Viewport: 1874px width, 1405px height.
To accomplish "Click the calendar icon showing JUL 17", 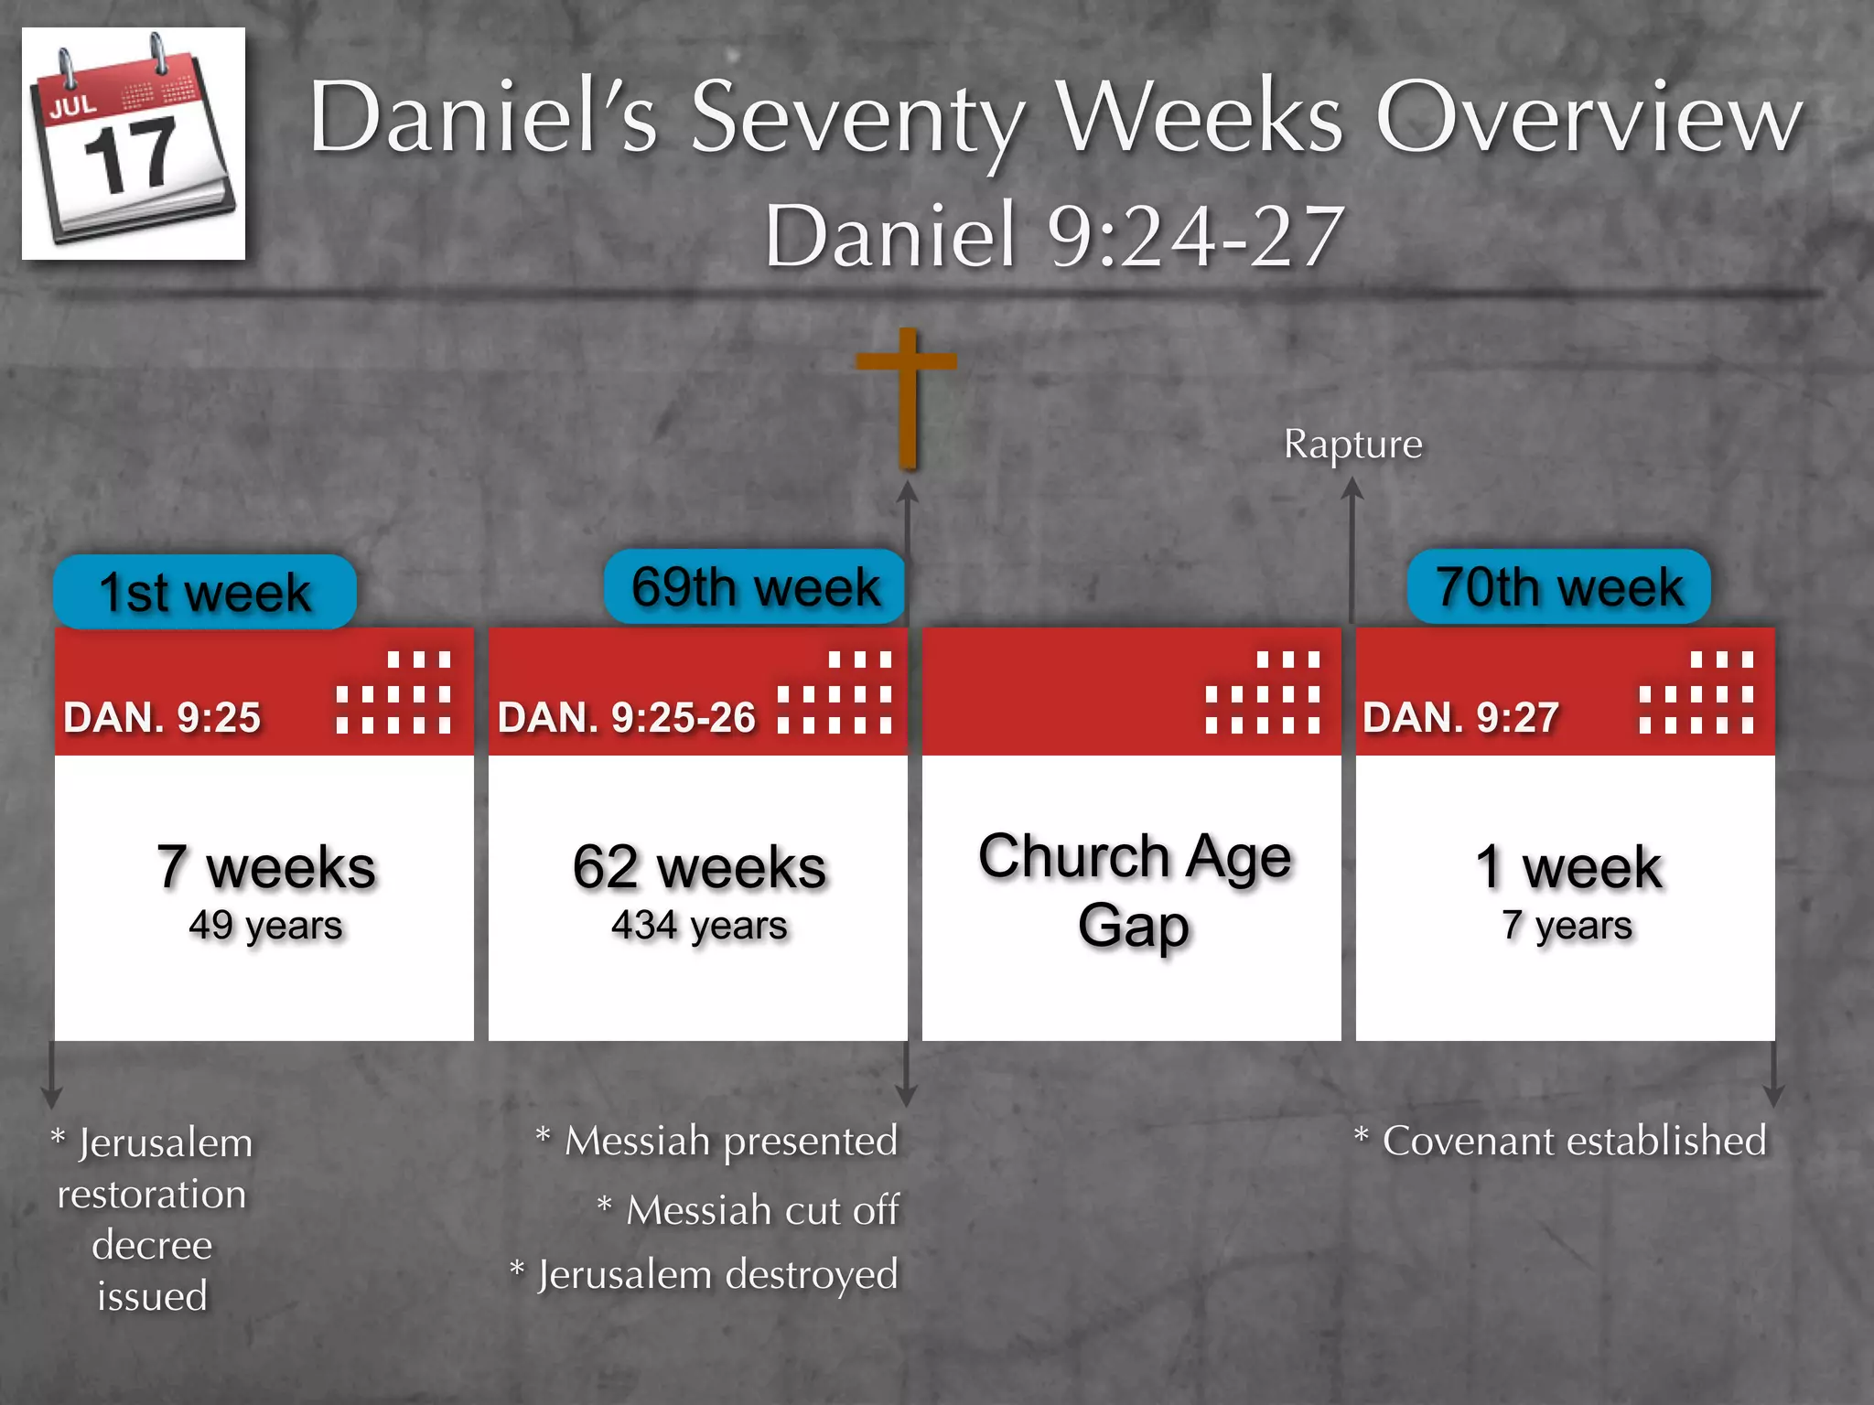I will click(134, 144).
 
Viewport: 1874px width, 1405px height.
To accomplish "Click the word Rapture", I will click(1352, 445).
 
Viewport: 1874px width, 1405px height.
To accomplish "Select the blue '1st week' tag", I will click(205, 592).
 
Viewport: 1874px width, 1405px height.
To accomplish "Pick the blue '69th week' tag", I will click(755, 586).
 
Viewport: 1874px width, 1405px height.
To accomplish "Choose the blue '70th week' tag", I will click(1558, 586).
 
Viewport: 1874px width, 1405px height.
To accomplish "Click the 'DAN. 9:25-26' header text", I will click(627, 718).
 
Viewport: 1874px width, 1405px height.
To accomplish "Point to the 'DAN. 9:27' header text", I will click(1460, 718).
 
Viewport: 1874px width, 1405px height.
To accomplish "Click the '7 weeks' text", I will click(265, 867).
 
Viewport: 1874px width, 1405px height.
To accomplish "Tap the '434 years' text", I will click(699, 926).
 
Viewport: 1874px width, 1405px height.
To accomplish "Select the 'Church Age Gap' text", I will click(1134, 890).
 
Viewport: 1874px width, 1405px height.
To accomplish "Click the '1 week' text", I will click(1567, 867).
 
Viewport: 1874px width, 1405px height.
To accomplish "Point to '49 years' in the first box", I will click(265, 926).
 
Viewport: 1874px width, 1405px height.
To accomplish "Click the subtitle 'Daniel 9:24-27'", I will click(1054, 236).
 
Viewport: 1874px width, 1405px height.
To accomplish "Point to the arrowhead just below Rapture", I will click(1352, 489).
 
